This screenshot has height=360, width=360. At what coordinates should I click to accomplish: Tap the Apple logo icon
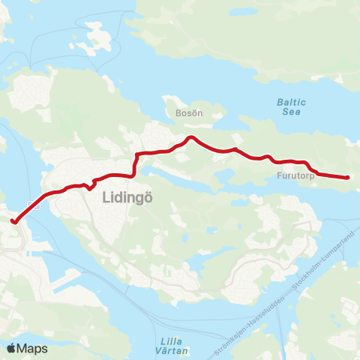11,348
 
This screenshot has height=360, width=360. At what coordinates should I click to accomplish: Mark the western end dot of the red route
13,220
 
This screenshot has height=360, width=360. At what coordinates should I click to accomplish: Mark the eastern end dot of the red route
347,177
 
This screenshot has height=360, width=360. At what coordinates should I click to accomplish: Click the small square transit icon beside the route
31,203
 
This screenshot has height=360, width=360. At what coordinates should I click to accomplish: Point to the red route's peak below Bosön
191,137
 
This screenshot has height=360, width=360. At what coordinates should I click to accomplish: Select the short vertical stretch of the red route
135,164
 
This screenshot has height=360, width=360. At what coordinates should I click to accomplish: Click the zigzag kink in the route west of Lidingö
89,185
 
